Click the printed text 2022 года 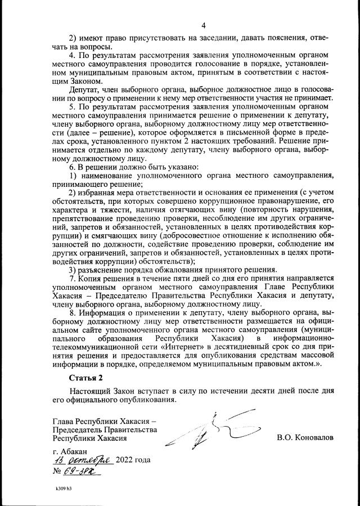point(133,460)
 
